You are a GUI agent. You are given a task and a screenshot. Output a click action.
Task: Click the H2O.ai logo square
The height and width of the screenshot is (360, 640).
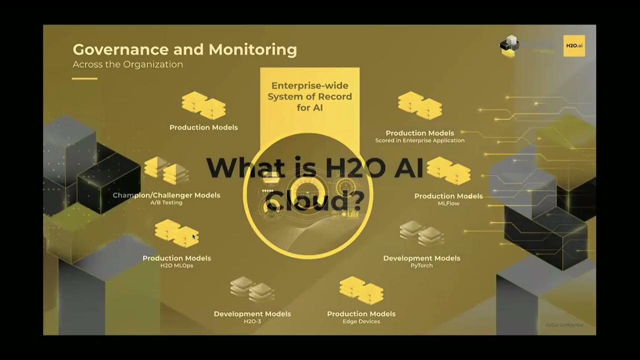(574, 45)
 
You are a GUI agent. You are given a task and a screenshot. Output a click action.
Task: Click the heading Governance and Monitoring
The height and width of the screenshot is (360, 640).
(184, 50)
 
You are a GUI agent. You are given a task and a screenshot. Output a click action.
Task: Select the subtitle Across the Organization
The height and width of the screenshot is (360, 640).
(127, 64)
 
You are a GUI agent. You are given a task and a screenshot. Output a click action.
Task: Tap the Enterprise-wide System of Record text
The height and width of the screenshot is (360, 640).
(309, 96)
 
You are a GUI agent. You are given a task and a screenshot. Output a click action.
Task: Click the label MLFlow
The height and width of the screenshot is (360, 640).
(448, 203)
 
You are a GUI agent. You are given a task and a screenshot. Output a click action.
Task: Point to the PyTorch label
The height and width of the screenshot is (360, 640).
(421, 265)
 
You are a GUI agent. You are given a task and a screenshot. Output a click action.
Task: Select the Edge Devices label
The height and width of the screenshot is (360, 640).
(361, 321)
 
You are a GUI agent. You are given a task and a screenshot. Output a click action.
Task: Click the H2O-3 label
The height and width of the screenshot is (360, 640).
(252, 321)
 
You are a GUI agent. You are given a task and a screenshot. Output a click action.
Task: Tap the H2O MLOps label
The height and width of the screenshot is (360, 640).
(176, 265)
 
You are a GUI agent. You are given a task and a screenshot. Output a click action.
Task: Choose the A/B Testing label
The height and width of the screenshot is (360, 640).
(166, 202)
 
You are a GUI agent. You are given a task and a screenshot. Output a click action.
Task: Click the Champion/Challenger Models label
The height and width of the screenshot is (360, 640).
(166, 195)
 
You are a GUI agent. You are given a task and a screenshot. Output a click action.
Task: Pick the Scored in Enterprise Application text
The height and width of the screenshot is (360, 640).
(419, 140)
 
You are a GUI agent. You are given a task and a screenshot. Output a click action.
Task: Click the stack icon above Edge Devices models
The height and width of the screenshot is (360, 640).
(361, 290)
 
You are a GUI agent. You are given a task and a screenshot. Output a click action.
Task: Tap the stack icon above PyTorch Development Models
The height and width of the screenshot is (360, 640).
(421, 233)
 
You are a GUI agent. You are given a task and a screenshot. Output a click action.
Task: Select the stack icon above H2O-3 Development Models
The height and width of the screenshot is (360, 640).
(252, 289)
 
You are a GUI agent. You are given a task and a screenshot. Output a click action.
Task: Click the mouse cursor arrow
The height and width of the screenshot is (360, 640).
(194, 236)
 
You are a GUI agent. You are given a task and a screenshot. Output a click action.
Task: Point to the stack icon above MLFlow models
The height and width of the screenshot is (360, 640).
(448, 170)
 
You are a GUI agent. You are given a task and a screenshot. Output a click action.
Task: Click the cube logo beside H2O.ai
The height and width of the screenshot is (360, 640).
(509, 45)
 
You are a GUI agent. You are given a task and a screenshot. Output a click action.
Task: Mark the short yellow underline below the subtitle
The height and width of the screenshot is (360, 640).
(84, 78)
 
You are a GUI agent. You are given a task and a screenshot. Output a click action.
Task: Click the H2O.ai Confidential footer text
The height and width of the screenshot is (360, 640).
(564, 325)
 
